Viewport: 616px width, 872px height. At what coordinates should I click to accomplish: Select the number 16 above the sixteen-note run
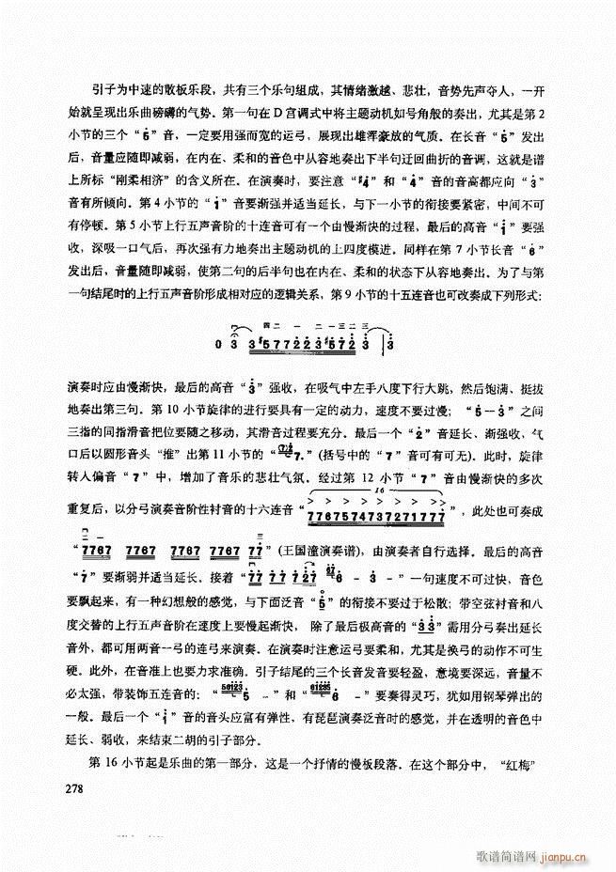point(378,491)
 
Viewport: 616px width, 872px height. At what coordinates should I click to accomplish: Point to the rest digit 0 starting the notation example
point(217,344)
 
